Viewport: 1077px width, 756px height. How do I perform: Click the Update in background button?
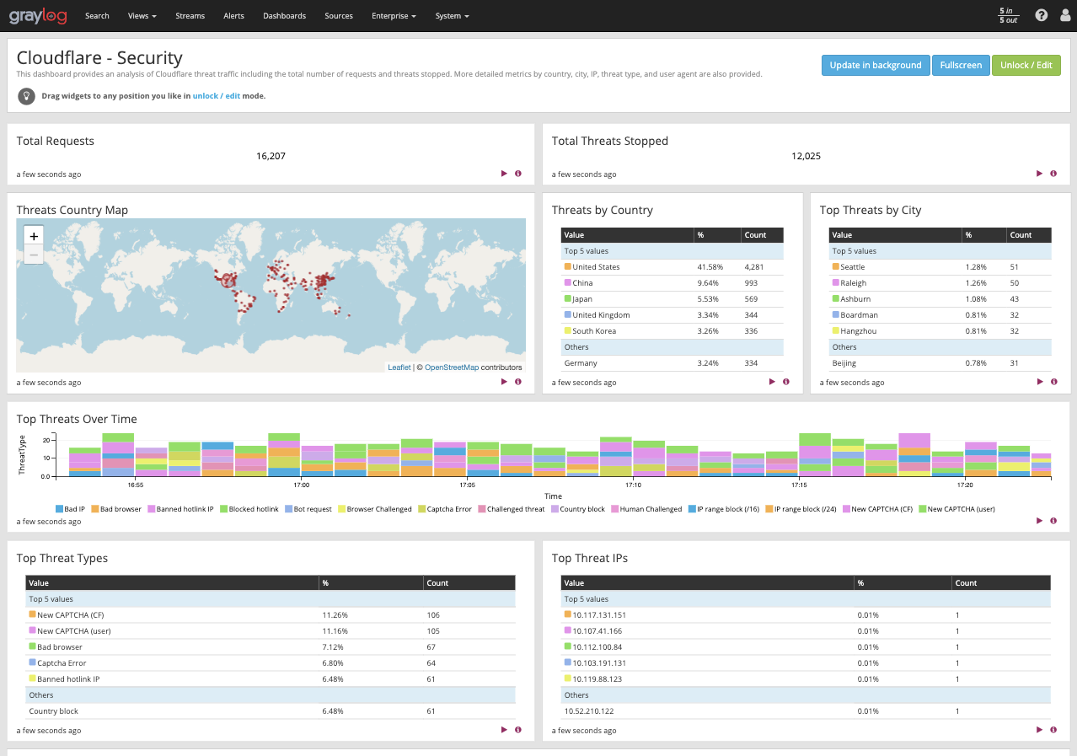(875, 66)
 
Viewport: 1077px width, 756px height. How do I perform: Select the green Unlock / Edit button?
(1026, 66)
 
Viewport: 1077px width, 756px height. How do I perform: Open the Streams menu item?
(190, 16)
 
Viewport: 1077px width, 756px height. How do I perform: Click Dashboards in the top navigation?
(284, 16)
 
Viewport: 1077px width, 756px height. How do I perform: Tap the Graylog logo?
(38, 15)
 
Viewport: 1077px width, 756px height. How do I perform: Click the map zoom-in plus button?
(34, 236)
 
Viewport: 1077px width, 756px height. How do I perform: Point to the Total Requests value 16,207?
(271, 156)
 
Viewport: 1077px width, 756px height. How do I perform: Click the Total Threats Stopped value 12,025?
(806, 156)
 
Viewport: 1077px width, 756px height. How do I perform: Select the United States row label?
(596, 267)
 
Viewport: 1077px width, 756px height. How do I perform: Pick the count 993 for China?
(752, 283)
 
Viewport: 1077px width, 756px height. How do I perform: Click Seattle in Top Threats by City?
(852, 267)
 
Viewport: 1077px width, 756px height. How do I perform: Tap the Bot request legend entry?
(313, 509)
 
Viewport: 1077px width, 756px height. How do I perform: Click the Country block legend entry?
(582, 509)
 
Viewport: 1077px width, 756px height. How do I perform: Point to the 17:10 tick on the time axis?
(633, 485)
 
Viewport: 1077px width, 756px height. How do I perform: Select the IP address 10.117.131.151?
(599, 615)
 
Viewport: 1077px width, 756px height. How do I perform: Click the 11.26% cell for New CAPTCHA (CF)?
(335, 615)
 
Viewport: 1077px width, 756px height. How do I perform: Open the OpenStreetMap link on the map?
(451, 367)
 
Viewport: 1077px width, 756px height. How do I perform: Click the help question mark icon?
(1041, 15)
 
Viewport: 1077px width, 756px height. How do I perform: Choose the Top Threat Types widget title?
(62, 558)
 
